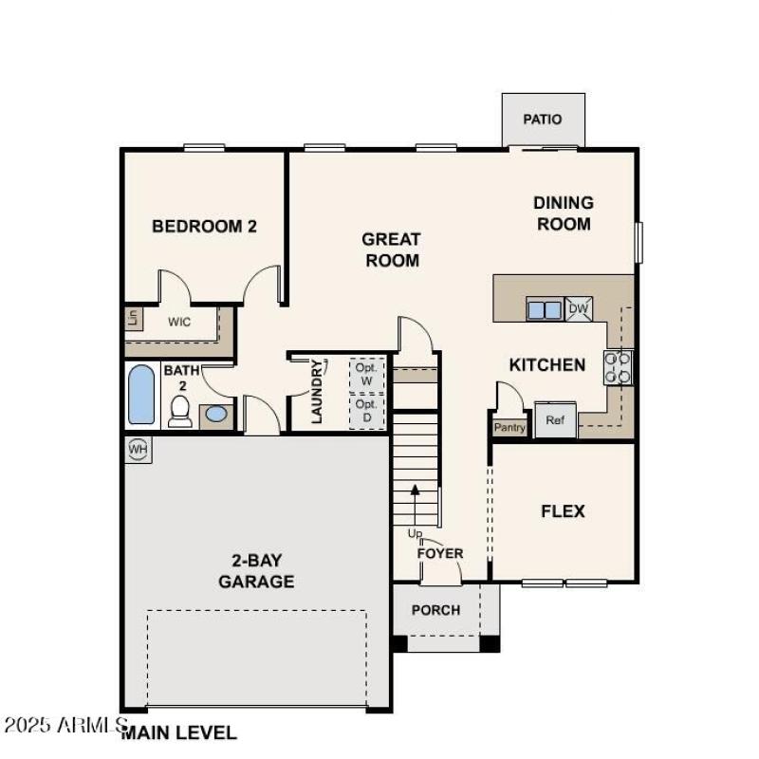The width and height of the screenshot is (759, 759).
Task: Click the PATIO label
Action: (x=543, y=120)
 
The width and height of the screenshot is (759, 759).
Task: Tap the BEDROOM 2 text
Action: (x=205, y=227)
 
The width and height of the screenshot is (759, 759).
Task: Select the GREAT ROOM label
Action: (x=391, y=250)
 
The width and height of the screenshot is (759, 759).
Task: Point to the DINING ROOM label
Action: (x=564, y=213)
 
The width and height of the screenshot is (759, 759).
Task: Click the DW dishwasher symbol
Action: (x=578, y=308)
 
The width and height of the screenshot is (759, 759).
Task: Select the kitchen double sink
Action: (x=545, y=309)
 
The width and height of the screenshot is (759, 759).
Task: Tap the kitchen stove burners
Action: (x=619, y=367)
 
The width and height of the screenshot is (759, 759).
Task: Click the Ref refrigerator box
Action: (x=555, y=420)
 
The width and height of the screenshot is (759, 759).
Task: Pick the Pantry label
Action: (x=509, y=428)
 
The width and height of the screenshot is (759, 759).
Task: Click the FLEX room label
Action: (x=563, y=511)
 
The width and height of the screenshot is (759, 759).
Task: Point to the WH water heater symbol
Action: (x=138, y=449)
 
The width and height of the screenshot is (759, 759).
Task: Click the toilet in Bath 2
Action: (x=180, y=410)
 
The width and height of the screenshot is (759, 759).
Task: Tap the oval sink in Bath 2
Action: (x=215, y=415)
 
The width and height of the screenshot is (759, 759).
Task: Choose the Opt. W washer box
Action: (x=366, y=374)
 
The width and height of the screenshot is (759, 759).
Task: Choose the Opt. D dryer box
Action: (x=366, y=411)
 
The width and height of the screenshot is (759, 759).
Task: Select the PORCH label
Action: (x=435, y=610)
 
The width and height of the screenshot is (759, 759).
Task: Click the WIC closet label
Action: (x=179, y=322)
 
